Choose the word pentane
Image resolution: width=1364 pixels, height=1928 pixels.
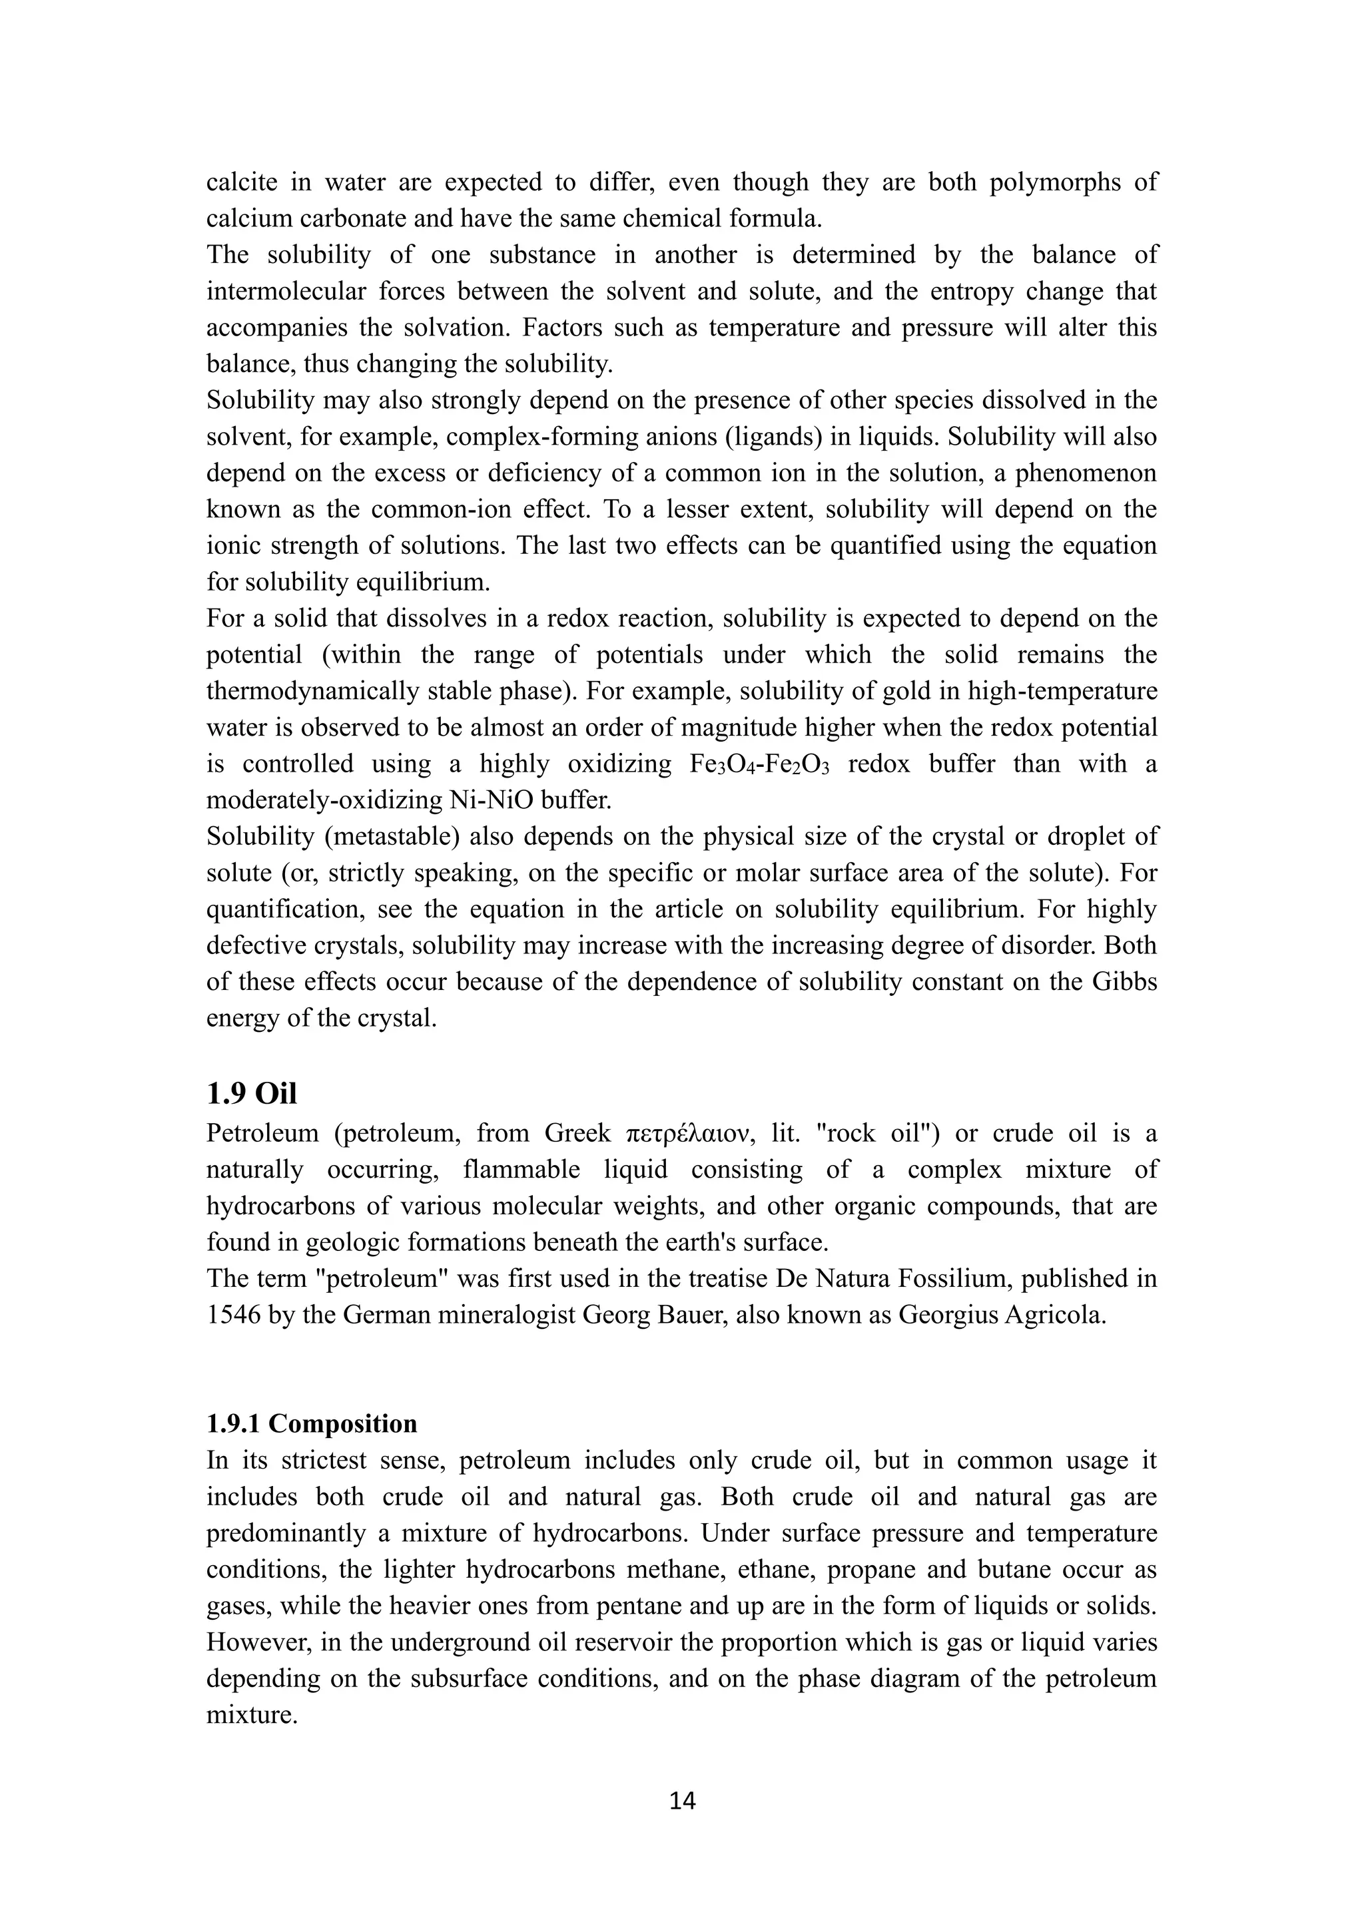[636, 1606]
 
